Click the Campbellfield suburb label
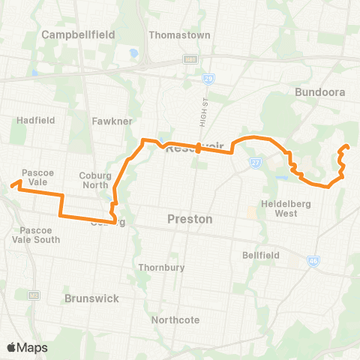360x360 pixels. [76, 34]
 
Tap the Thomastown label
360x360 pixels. [179, 34]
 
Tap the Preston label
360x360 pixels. [189, 220]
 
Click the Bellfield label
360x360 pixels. [261, 255]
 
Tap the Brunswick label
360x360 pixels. [91, 298]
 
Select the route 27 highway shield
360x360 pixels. [256, 160]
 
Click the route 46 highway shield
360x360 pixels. [312, 261]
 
